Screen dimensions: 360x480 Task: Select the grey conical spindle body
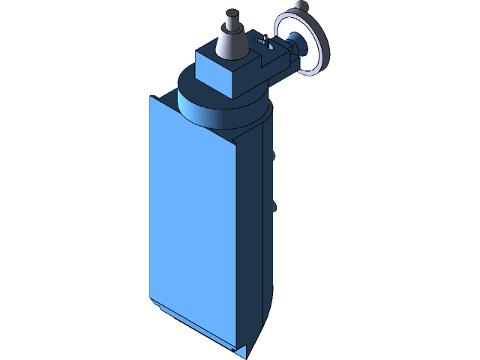[x=231, y=42]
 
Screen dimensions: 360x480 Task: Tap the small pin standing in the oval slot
[x=264, y=38]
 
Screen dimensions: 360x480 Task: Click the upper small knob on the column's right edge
[x=275, y=155]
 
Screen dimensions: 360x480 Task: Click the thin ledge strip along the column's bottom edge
[x=195, y=326]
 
